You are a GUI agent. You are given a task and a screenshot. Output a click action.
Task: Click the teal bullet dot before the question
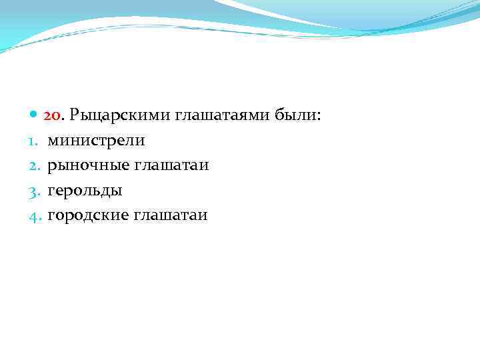pyautogui.click(x=35, y=115)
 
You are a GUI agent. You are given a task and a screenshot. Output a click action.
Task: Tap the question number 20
pyautogui.click(x=53, y=115)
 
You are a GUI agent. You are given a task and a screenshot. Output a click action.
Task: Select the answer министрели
pyautogui.click(x=96, y=141)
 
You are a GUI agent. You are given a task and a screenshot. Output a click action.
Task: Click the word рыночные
pyautogui.click(x=87, y=166)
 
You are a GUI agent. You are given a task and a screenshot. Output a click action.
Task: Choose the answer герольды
pyautogui.click(x=85, y=191)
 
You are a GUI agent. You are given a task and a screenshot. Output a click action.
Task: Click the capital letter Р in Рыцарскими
pyautogui.click(x=74, y=115)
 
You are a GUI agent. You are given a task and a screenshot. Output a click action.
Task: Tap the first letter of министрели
pyautogui.click(x=53, y=141)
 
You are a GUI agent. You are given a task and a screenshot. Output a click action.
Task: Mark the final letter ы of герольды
pyautogui.click(x=117, y=191)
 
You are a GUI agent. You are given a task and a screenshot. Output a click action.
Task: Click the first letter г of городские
pyautogui.click(x=51, y=216)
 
